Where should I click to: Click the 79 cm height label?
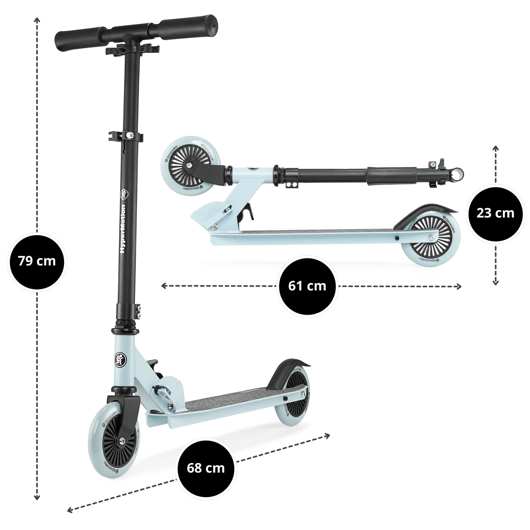(x=37, y=261)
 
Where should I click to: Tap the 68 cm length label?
(x=206, y=468)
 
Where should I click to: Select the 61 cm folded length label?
(x=307, y=286)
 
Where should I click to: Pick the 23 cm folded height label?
(x=495, y=213)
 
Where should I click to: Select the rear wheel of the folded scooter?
(x=429, y=240)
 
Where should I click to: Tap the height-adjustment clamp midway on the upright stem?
(x=125, y=137)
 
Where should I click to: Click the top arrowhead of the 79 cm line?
(x=37, y=19)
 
